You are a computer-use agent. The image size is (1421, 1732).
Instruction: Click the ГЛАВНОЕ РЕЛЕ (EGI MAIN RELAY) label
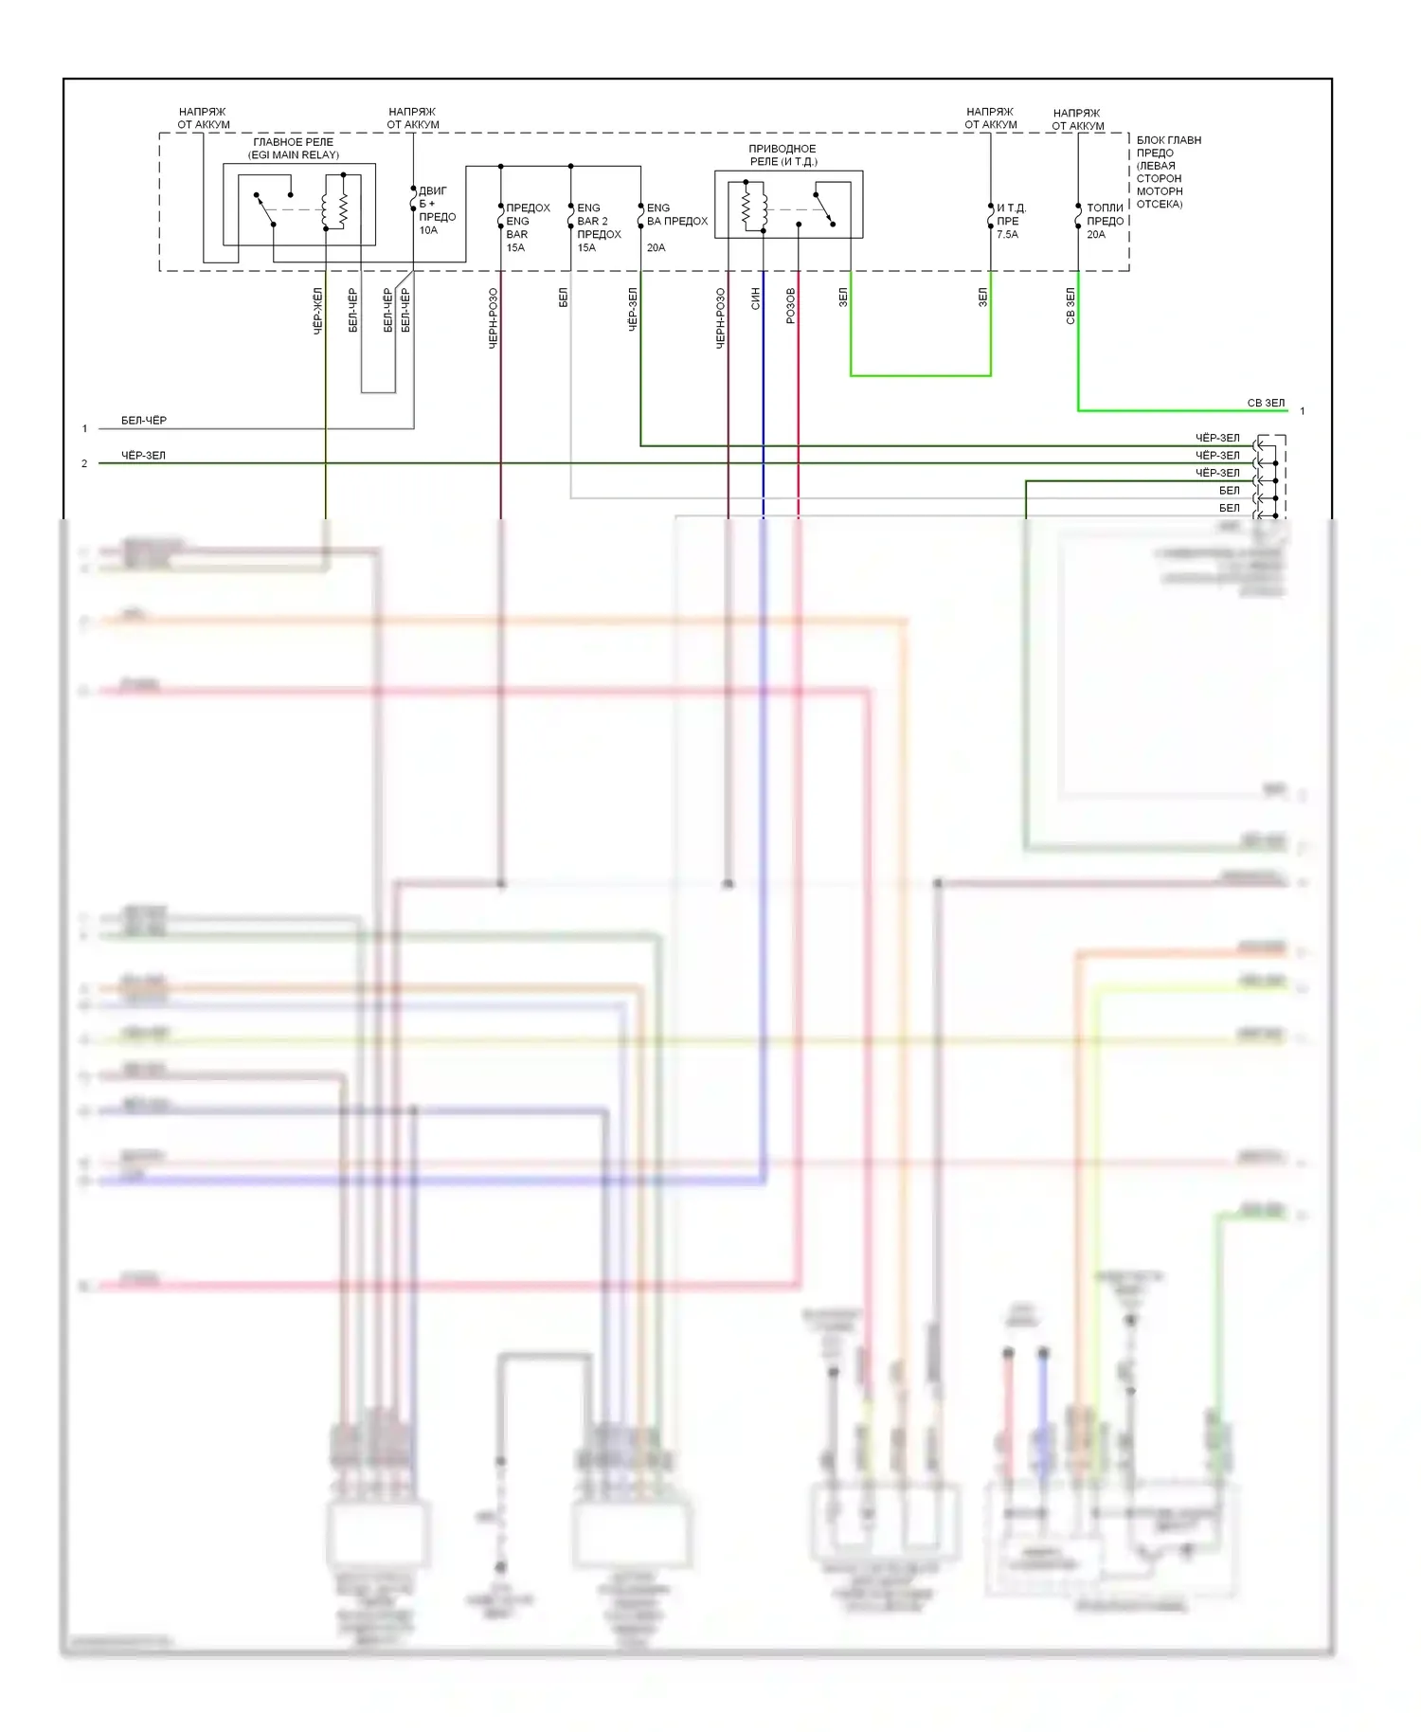click(x=294, y=149)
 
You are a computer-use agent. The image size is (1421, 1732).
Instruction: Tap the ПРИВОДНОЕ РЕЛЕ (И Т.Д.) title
click(x=782, y=155)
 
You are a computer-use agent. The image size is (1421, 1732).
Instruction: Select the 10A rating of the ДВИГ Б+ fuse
click(x=428, y=230)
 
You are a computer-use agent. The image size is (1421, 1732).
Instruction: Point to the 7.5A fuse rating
click(x=1007, y=235)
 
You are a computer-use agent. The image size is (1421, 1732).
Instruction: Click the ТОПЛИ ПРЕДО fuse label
click(x=1105, y=214)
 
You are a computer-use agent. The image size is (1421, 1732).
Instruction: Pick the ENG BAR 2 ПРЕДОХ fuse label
click(x=599, y=222)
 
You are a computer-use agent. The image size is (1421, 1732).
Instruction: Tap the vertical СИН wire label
click(x=755, y=299)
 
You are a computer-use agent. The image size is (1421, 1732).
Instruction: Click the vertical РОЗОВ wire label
click(x=791, y=305)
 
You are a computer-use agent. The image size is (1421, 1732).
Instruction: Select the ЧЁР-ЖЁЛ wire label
click(x=317, y=311)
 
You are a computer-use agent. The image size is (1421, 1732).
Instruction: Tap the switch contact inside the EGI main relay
click(x=265, y=209)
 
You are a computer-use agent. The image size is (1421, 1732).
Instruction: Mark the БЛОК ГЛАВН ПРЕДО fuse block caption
click(x=1167, y=171)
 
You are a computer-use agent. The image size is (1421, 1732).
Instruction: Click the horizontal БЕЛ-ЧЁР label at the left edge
click(x=144, y=421)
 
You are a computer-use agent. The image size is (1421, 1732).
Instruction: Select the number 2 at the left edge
click(x=84, y=463)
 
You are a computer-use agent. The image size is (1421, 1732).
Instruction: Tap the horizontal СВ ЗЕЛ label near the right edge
click(x=1266, y=403)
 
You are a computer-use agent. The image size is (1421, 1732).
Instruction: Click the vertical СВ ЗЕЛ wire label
click(x=1070, y=306)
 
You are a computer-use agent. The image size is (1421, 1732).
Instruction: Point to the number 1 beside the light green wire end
click(x=1303, y=411)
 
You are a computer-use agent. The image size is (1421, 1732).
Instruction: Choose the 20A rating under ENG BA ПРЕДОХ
click(x=656, y=248)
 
